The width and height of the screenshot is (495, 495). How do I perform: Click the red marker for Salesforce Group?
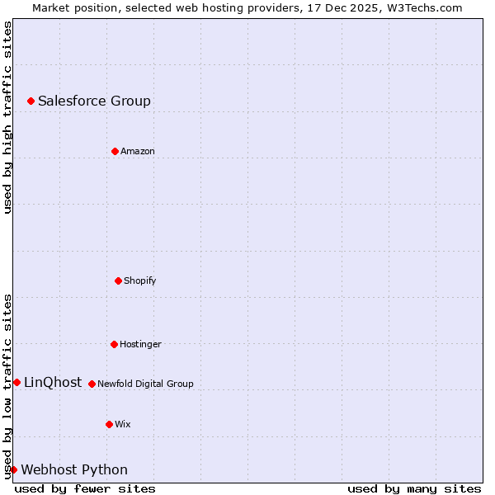click(x=31, y=101)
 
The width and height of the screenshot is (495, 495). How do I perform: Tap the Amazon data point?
click(x=115, y=151)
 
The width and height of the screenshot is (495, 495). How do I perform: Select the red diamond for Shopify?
click(x=118, y=280)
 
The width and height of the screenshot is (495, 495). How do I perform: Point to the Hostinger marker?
click(x=114, y=344)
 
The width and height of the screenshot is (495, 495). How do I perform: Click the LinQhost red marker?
click(x=16, y=382)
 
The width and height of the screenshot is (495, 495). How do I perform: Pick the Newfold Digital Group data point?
click(x=92, y=384)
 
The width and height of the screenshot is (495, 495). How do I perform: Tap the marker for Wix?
click(x=109, y=424)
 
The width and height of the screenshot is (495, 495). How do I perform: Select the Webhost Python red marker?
click(x=13, y=469)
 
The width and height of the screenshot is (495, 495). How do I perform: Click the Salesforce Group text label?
click(x=94, y=101)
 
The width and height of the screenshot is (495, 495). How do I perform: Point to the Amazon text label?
click(x=138, y=151)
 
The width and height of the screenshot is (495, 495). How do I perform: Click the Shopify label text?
click(x=140, y=280)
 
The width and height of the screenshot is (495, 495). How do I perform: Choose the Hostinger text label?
click(x=140, y=344)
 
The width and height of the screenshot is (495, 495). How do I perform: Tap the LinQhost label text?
click(x=53, y=382)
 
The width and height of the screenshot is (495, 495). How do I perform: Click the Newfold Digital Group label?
click(x=145, y=384)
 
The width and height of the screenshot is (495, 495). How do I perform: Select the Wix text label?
click(x=123, y=424)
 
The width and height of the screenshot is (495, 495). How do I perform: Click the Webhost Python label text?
click(x=74, y=469)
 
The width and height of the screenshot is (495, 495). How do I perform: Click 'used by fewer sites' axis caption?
click(x=85, y=488)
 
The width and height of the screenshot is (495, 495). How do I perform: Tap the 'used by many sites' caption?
click(x=414, y=488)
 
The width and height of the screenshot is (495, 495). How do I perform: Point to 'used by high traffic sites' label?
click(x=7, y=117)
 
